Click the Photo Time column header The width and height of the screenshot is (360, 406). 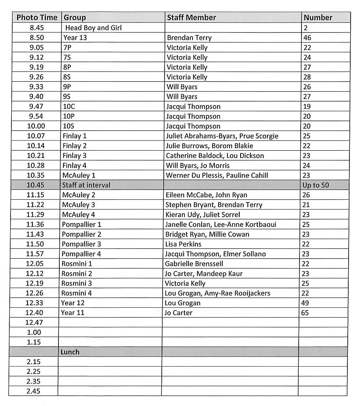(37, 17)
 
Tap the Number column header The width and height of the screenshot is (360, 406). (318, 17)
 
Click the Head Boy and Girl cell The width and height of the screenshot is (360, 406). (93, 28)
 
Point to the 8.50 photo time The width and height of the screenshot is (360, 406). (36, 38)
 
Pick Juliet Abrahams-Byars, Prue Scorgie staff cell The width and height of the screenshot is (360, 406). (222, 136)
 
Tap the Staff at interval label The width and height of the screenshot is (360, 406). (86, 185)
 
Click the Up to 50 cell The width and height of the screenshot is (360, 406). (316, 185)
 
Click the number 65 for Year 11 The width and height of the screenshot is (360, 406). (305, 313)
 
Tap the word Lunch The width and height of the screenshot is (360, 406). (70, 352)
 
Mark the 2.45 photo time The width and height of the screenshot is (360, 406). (33, 391)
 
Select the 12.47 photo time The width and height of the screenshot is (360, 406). (33, 323)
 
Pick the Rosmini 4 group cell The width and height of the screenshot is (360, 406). (76, 293)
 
